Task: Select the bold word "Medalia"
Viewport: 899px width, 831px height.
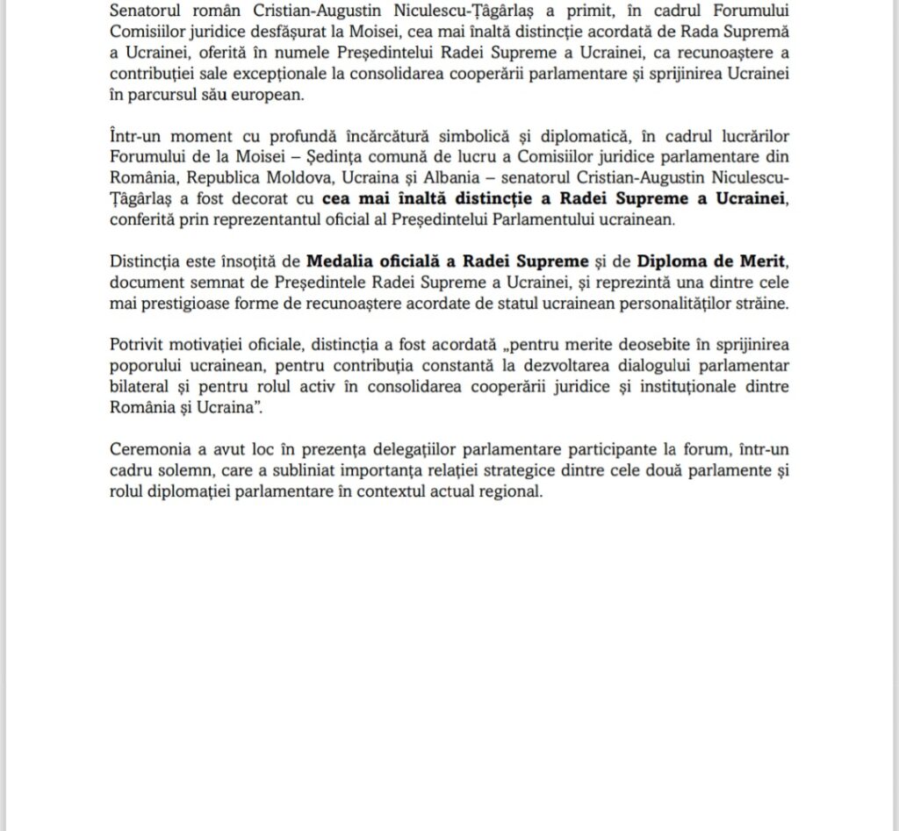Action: [341, 259]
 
